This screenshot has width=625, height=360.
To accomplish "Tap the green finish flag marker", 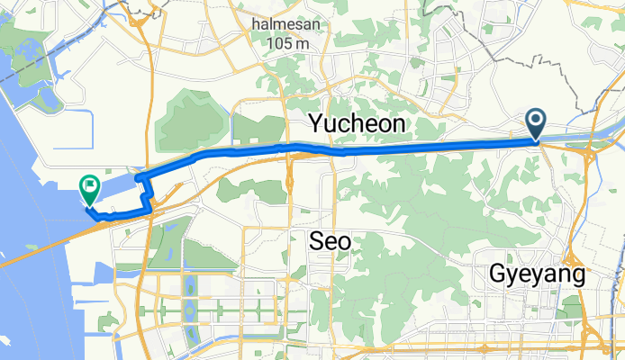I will (90, 188).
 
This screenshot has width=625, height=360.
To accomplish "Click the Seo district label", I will (329, 240).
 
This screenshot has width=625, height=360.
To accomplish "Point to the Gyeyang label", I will (538, 274).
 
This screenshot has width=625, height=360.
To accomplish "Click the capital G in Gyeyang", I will (498, 274).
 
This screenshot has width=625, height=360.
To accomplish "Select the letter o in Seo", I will (343, 241).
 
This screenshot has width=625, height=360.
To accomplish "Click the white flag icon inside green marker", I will (90, 186).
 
